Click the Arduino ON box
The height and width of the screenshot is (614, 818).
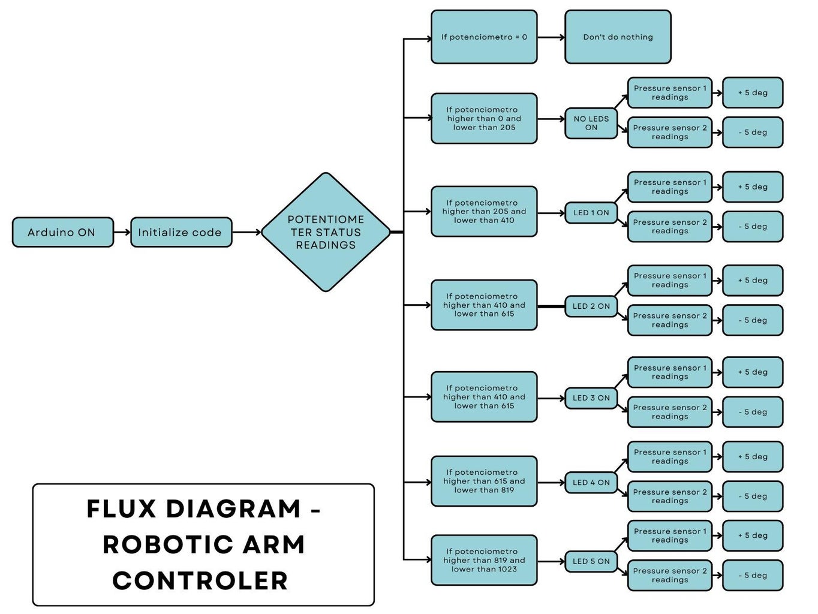coord(62,232)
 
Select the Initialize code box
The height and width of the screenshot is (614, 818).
coord(181,232)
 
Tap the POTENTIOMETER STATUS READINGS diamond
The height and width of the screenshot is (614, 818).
coord(326,232)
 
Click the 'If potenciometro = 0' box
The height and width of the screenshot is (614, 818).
coord(483,37)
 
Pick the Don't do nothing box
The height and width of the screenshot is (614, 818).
coord(617,37)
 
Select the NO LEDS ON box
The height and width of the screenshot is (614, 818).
coord(591,123)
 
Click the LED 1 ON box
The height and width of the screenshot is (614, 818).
coord(591,213)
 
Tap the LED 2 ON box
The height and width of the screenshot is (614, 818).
coord(591,306)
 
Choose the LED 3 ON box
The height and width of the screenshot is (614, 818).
coord(591,398)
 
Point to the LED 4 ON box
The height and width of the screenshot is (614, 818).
coord(591,483)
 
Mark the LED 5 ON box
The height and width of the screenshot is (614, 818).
coord(591,562)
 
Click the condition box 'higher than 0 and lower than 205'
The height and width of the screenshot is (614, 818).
coord(483,119)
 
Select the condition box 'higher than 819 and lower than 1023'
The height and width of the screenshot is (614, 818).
coord(483,560)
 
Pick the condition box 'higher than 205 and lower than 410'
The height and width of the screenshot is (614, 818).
coord(483,212)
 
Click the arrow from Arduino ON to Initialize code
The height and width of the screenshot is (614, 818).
coord(122,232)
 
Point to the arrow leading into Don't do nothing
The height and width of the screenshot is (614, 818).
coord(551,37)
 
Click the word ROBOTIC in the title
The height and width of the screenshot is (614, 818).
coord(166,545)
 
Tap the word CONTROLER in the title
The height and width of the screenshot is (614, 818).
coord(200,581)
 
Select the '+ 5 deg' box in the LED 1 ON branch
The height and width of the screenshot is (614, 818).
coord(752,187)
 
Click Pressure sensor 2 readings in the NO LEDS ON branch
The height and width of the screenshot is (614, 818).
coord(669,133)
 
